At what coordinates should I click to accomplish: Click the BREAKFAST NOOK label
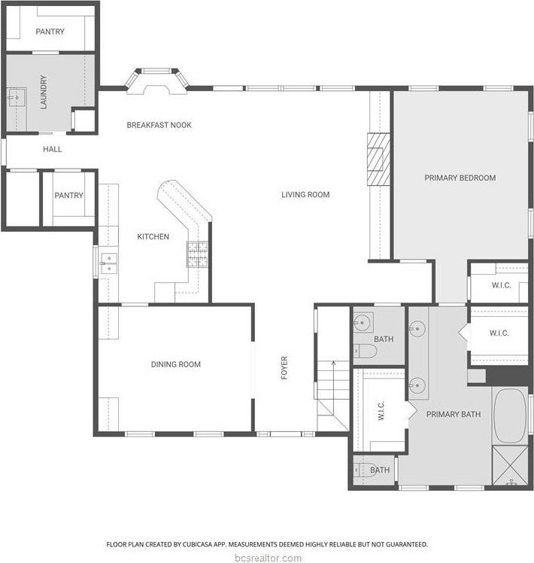click(x=159, y=125)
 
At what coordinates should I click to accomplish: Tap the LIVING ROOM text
click(x=305, y=195)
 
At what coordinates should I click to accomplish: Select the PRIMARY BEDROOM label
click(x=460, y=178)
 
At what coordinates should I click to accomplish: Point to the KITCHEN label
click(x=153, y=237)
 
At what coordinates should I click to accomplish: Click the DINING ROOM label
click(x=175, y=365)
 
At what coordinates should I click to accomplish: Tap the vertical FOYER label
click(x=284, y=367)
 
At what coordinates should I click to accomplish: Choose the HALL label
click(x=52, y=150)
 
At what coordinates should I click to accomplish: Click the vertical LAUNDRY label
click(x=44, y=91)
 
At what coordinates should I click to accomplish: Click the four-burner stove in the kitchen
click(x=198, y=255)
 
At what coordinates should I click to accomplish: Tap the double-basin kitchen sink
click(x=110, y=263)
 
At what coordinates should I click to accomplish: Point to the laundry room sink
click(x=16, y=97)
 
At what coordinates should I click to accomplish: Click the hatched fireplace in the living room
click(x=378, y=159)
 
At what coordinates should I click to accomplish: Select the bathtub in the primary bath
click(x=511, y=415)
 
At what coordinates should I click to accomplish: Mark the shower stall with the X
click(x=511, y=467)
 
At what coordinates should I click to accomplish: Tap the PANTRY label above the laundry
click(x=50, y=32)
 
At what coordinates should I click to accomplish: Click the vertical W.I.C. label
click(x=381, y=412)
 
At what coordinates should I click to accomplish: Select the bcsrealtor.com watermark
click(x=267, y=558)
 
